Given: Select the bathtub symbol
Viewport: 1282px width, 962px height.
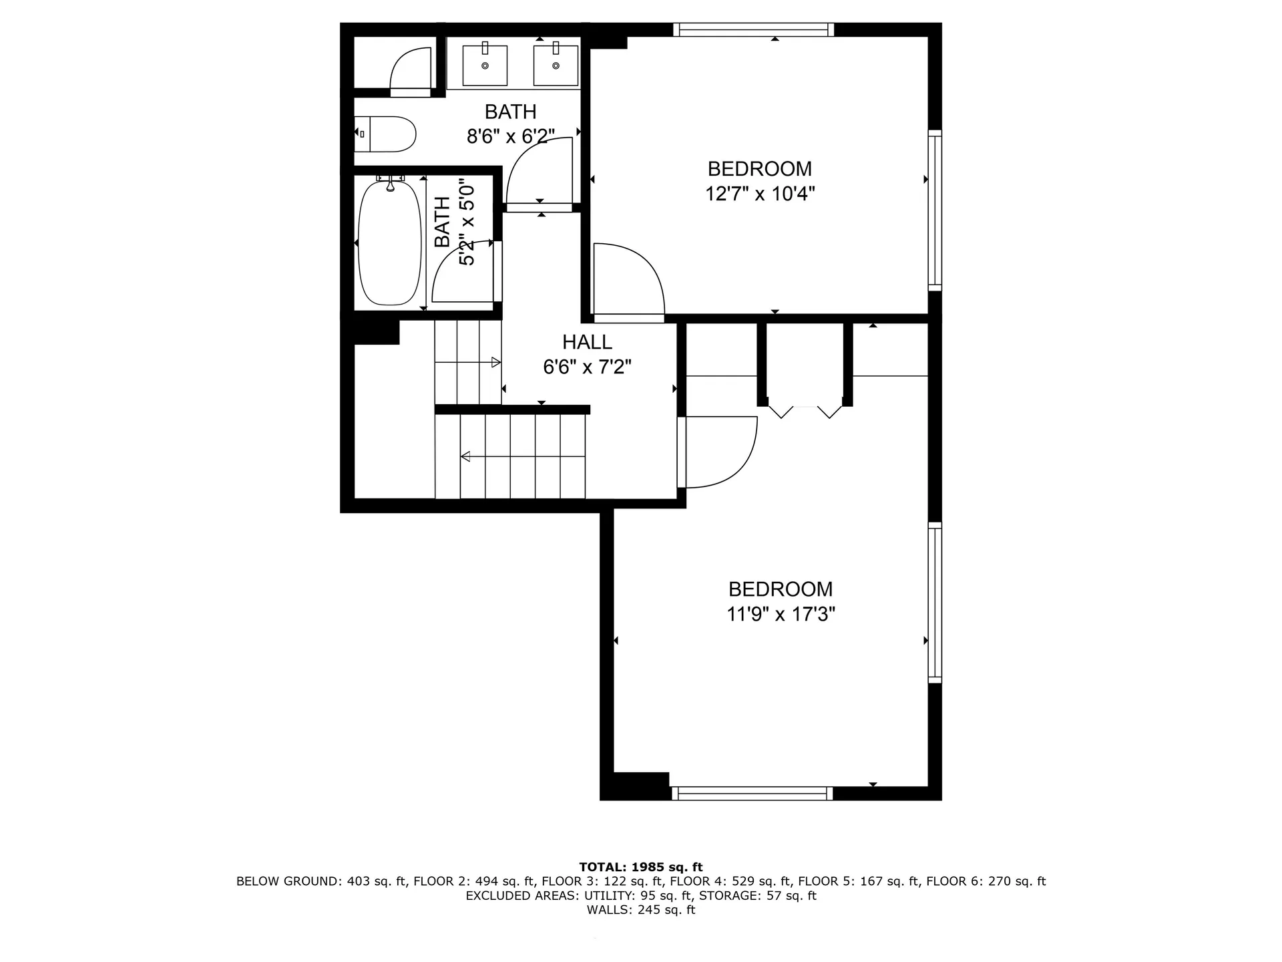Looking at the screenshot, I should point(390,244).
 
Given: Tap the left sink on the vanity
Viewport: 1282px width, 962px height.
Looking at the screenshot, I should point(485,65).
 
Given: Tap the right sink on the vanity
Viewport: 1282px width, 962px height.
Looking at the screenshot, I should point(556,65).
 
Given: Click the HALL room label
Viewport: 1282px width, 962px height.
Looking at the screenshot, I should point(587,342).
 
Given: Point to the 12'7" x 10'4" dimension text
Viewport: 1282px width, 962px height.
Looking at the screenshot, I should point(760,194).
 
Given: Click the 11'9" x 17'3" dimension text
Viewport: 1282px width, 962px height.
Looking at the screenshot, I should point(781,614).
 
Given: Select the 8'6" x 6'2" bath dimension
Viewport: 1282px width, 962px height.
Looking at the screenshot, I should point(511,137).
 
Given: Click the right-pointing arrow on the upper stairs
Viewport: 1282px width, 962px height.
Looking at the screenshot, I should point(495,362).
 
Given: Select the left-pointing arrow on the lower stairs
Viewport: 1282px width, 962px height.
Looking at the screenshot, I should point(466,456).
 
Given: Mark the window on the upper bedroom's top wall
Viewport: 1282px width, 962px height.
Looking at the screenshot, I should point(754,29).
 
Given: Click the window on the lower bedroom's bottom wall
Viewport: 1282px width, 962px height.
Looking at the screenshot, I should point(753,793).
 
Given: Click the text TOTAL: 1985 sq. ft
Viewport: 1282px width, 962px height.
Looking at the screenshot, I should point(640,867).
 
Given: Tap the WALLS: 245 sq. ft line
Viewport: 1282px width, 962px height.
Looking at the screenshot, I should point(640,910).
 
